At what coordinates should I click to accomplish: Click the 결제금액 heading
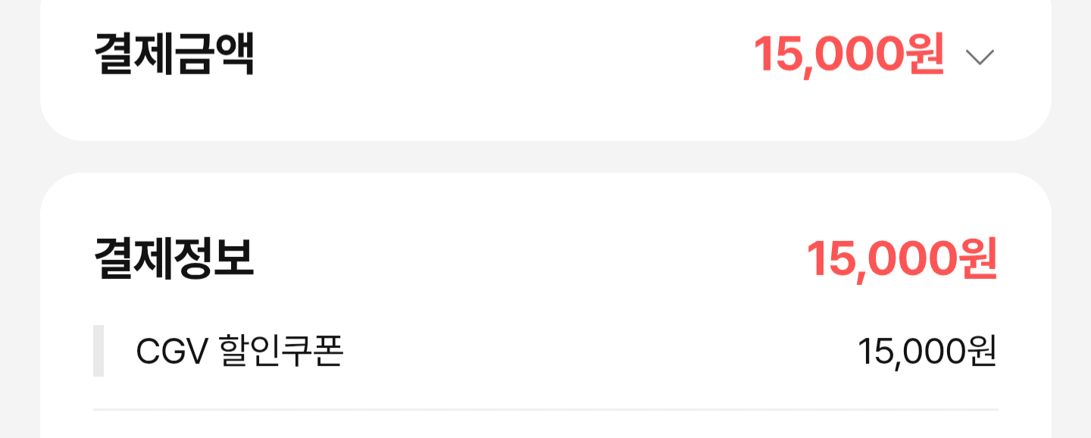pos(173,54)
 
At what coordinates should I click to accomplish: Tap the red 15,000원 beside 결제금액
pos(848,55)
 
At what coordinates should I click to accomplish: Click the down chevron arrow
pos(980,57)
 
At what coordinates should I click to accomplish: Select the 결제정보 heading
pos(173,258)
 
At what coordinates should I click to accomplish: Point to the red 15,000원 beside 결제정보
pos(901,259)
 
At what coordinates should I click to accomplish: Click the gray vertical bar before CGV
pos(98,350)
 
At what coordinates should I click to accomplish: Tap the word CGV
pos(170,352)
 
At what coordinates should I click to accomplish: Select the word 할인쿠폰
pos(281,351)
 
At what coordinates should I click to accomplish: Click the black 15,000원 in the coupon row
pos(927,352)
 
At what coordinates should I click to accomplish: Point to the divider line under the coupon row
pos(545,409)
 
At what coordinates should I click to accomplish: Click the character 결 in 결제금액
pos(114,54)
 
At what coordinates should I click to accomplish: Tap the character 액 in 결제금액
pos(234,54)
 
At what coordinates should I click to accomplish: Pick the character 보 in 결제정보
pos(234,258)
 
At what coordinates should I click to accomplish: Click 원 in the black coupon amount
pos(982,352)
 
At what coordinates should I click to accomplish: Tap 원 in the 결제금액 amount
pos(924,55)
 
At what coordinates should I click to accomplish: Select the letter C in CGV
pos(148,352)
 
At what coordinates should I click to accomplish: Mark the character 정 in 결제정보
pos(194,258)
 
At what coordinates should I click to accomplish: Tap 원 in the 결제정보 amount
pos(977,259)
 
